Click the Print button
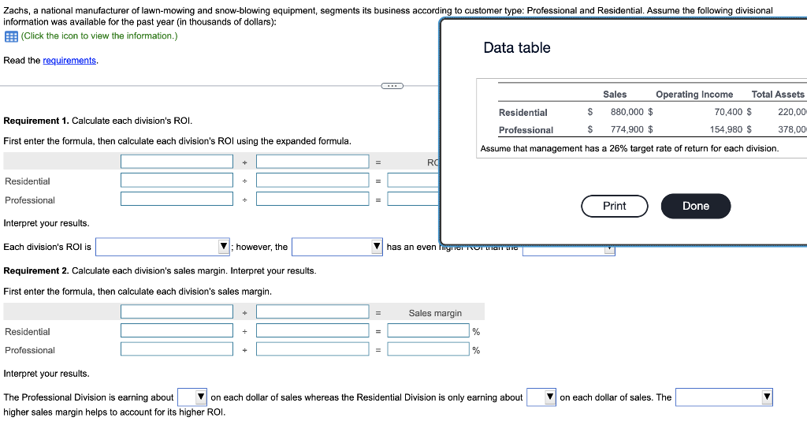(x=614, y=206)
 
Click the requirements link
(x=70, y=61)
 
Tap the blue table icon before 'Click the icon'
(x=11, y=36)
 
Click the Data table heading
(x=517, y=48)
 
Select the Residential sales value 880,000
(x=627, y=112)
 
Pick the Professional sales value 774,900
(x=627, y=129)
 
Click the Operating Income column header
(x=694, y=95)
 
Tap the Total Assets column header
(x=778, y=95)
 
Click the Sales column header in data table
(x=615, y=95)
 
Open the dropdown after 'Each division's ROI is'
(x=162, y=248)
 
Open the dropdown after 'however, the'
(x=337, y=248)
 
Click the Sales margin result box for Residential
(x=428, y=331)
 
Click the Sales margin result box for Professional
(x=428, y=349)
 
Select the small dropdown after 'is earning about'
(x=192, y=397)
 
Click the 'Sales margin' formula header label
(x=435, y=313)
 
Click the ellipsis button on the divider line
(x=392, y=85)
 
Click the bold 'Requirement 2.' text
(x=36, y=270)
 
